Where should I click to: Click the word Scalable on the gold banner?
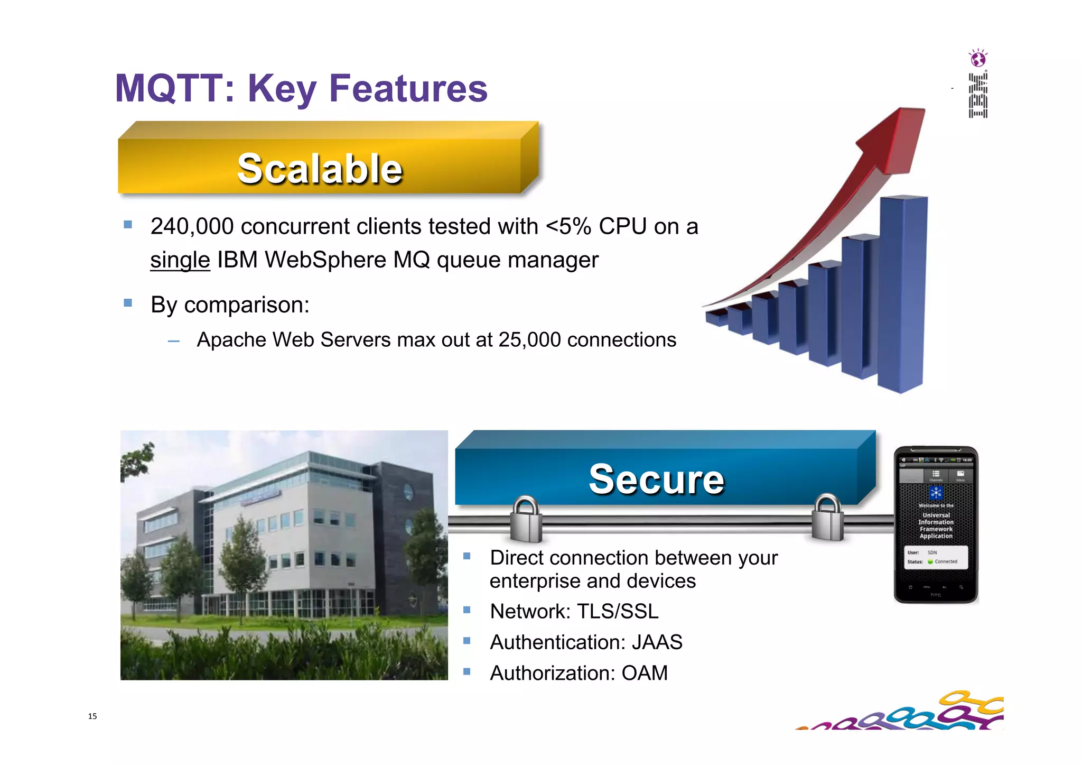tap(320, 169)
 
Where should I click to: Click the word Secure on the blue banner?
tap(656, 479)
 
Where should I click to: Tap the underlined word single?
tap(180, 260)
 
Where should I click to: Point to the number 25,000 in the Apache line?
tap(529, 340)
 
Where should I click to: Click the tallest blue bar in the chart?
tap(902, 294)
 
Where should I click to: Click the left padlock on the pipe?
tap(526, 521)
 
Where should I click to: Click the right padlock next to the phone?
tap(827, 519)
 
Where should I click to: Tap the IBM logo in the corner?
tap(978, 96)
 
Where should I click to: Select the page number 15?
tap(92, 716)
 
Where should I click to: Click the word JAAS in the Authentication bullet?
tap(657, 642)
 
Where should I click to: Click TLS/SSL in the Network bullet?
tap(618, 612)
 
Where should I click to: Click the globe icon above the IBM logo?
tap(978, 58)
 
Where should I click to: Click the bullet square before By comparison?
tap(128, 303)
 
